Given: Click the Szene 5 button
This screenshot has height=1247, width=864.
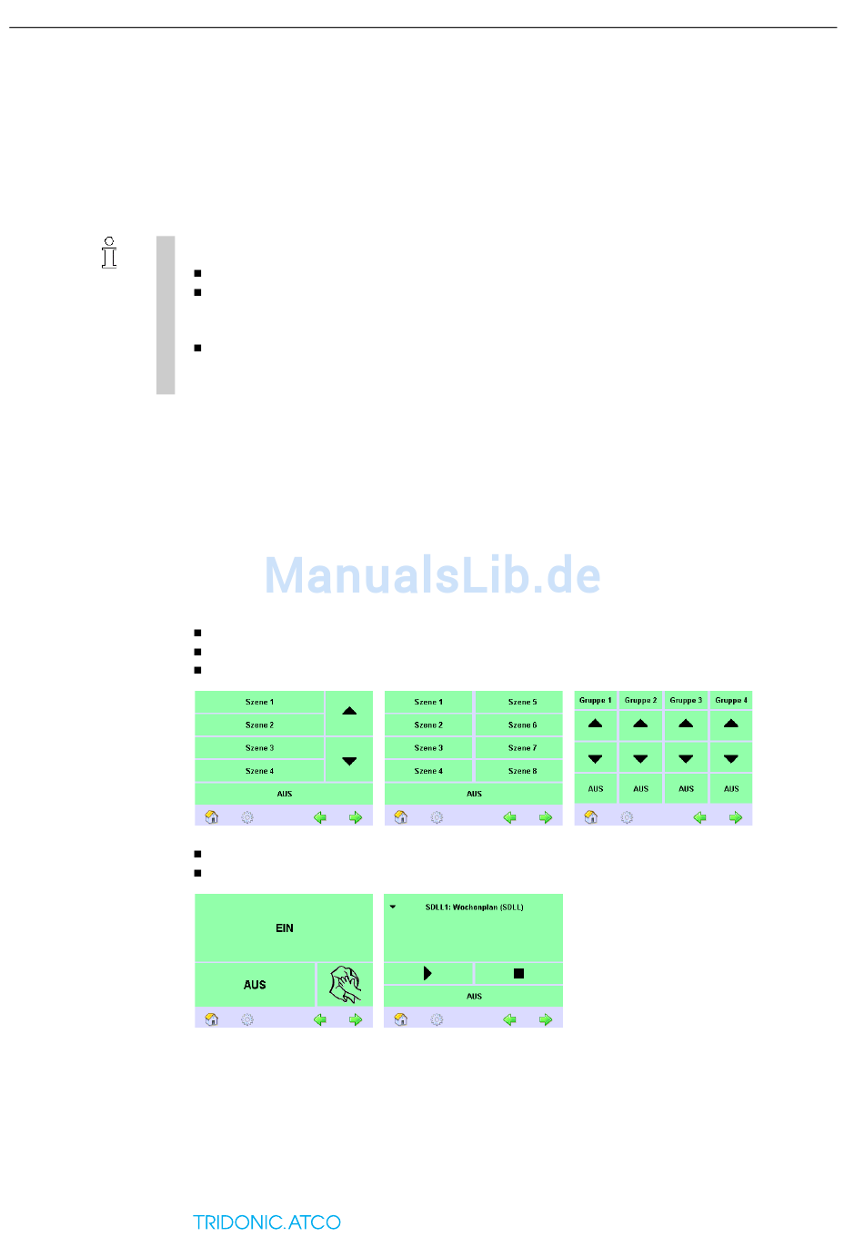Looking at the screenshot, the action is (521, 702).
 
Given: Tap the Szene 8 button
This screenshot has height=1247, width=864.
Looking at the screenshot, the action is (521, 771).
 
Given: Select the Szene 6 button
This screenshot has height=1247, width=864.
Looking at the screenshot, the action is (521, 725).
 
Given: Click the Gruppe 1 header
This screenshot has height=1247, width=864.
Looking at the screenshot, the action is (596, 700).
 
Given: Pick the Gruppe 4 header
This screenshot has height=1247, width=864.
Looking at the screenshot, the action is (731, 700).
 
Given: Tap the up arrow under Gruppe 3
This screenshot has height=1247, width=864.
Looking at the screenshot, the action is (686, 724).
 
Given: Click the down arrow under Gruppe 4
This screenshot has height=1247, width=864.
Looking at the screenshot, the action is (731, 758).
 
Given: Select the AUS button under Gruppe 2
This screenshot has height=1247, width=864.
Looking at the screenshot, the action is (641, 789).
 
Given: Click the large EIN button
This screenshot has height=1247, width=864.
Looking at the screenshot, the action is (284, 928).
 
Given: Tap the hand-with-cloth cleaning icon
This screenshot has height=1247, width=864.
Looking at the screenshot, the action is (346, 984).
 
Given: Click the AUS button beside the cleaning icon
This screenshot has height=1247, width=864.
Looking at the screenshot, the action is (255, 985).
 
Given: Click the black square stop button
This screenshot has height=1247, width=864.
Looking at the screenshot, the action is (518, 973).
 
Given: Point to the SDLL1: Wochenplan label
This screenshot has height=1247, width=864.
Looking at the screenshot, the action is (474, 907).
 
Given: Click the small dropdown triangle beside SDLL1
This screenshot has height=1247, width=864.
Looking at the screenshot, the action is (393, 907).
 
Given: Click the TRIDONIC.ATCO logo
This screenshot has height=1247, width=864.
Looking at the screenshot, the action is (266, 1222).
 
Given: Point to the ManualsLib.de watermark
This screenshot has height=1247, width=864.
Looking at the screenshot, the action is (433, 575).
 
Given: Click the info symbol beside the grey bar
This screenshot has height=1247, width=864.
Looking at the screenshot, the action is (109, 253).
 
